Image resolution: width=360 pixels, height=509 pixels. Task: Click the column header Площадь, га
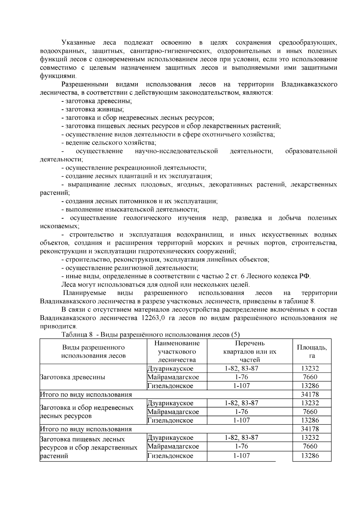click(x=312, y=351)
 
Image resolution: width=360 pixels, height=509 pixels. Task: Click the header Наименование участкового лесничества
click(x=177, y=351)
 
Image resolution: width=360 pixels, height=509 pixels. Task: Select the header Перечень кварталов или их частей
click(x=250, y=351)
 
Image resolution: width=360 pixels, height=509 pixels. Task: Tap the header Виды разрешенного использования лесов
click(x=93, y=351)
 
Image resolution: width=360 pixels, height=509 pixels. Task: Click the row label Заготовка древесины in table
click(x=72, y=377)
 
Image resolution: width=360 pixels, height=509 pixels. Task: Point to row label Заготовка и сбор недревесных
click(x=87, y=408)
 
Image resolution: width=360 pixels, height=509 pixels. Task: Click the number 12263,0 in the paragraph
click(x=152, y=318)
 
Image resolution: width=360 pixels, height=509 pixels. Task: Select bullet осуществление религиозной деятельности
click(x=131, y=268)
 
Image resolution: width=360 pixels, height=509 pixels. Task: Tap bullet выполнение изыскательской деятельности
click(x=132, y=209)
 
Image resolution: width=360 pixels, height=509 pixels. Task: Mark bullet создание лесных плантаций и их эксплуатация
click(x=139, y=176)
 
